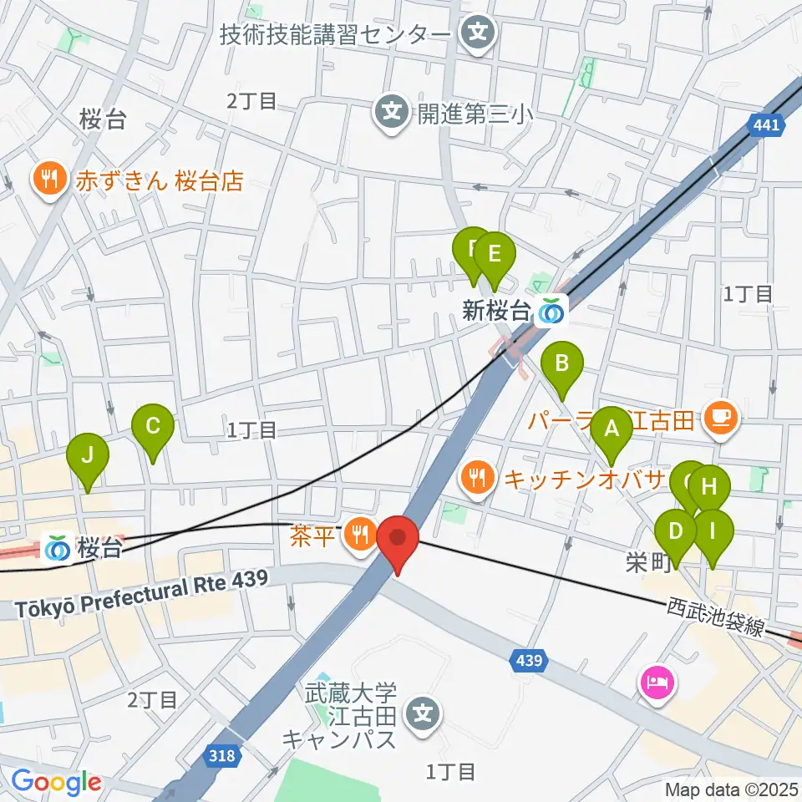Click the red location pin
[x=398, y=539]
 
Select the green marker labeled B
[x=562, y=364]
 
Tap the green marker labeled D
[x=677, y=531]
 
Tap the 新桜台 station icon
[x=551, y=311]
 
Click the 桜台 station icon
[x=59, y=548]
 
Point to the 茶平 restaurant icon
[x=360, y=530]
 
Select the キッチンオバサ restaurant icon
[x=477, y=478]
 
